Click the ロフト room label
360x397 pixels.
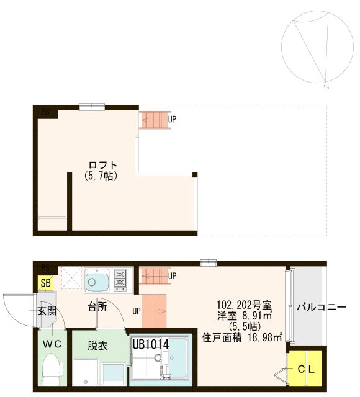[x=103, y=165]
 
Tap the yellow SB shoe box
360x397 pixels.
[x=45, y=283]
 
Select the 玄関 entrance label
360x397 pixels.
[x=47, y=311]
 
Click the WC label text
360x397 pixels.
[x=50, y=343]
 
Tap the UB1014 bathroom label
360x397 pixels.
[x=150, y=342]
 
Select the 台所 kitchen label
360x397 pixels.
[x=97, y=306]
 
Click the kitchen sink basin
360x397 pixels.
[x=97, y=281]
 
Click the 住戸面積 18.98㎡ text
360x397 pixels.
[x=243, y=337]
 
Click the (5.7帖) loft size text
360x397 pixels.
[x=101, y=176]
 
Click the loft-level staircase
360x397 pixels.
[x=153, y=120]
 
